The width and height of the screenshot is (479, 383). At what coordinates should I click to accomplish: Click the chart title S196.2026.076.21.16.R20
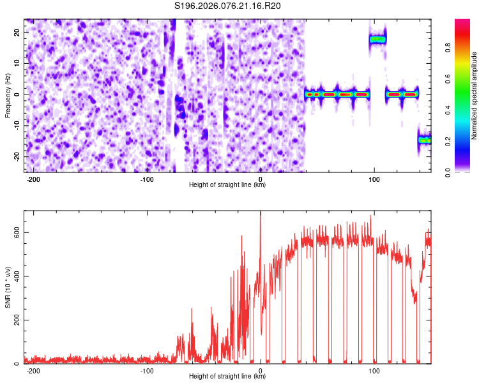pyautogui.click(x=228, y=6)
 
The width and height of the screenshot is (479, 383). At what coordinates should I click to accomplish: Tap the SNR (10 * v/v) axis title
pyautogui.click(x=8, y=287)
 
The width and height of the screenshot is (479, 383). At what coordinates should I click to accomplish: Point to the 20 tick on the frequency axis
pyautogui.click(x=16, y=33)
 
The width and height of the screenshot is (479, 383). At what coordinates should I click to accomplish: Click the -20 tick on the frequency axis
pyautogui.click(x=15, y=156)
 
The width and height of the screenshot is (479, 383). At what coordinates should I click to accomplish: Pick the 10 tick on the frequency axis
pyautogui.click(x=16, y=64)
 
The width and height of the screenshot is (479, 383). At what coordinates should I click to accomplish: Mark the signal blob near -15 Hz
pyautogui.click(x=425, y=140)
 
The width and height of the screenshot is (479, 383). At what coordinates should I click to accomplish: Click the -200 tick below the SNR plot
pyautogui.click(x=33, y=370)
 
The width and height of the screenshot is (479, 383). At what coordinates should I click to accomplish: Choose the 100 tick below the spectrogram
pyautogui.click(x=374, y=179)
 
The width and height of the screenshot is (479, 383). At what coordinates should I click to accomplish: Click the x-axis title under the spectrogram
pyautogui.click(x=228, y=185)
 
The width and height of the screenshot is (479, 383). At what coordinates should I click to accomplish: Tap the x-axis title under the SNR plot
pyautogui.click(x=228, y=377)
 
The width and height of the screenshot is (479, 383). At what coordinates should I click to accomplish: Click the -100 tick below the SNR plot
pyautogui.click(x=147, y=370)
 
